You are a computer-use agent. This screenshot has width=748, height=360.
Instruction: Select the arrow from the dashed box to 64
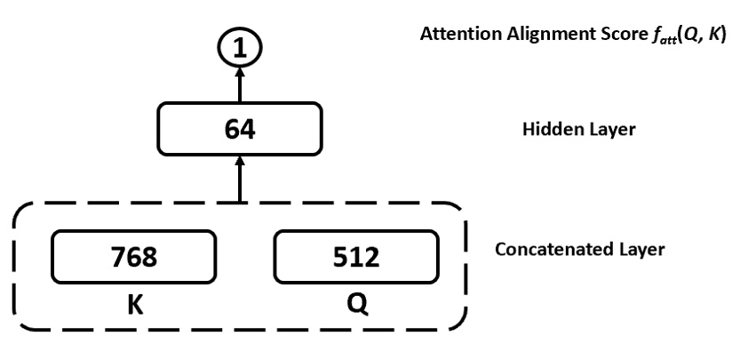[238, 182]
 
